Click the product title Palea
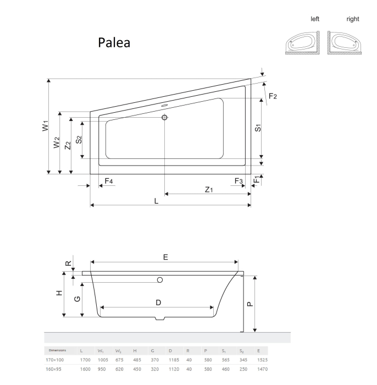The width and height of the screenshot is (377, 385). tap(114, 42)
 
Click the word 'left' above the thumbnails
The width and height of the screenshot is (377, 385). tap(315, 19)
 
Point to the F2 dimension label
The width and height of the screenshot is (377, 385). tap(273, 96)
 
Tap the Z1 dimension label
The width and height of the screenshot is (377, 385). tap(209, 190)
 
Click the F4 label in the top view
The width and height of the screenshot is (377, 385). tap(109, 181)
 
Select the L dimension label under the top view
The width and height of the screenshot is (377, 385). tap(156, 201)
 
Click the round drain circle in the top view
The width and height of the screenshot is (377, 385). tap(164, 117)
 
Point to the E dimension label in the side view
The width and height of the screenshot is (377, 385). tap(165, 257)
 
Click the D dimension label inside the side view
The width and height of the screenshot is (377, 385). tap(158, 302)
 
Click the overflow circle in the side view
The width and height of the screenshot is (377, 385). tap(160, 280)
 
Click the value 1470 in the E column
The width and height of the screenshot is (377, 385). tap(262, 369)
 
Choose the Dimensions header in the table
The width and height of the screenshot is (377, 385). tap(58, 350)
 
